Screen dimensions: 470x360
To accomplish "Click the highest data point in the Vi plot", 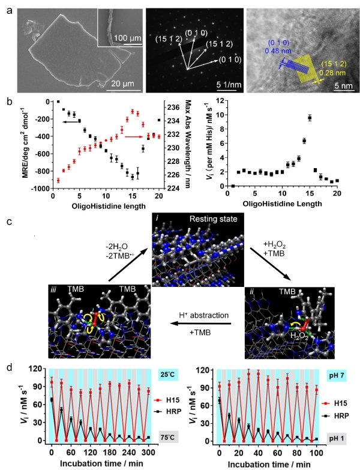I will click(310, 118).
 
